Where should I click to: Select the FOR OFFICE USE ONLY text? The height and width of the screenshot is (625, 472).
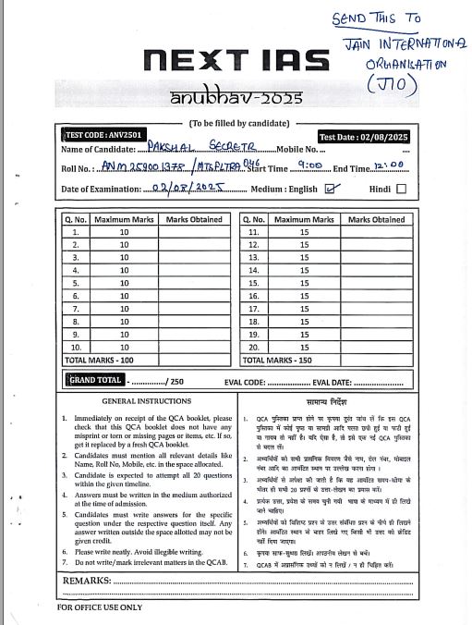(100, 607)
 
